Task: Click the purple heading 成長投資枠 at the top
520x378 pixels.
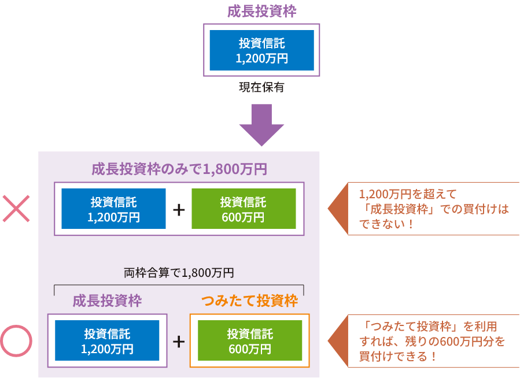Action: tap(261, 11)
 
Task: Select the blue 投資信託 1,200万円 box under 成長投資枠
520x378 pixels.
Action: tap(261, 50)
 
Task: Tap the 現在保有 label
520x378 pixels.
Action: tap(261, 88)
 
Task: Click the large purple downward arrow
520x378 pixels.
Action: tap(261, 124)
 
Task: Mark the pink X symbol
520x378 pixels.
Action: tap(16, 209)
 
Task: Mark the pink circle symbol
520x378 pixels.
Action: tap(16, 341)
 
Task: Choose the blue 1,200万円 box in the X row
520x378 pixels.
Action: tap(113, 209)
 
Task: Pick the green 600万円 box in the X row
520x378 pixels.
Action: tap(243, 209)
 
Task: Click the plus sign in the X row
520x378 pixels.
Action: tap(179, 209)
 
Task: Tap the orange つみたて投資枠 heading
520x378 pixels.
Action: tap(249, 301)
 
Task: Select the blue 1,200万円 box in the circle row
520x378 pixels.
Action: tap(107, 341)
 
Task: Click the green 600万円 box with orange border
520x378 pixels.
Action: tap(249, 341)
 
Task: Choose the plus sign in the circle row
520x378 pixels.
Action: tap(179, 342)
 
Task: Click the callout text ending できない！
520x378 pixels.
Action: tap(434, 209)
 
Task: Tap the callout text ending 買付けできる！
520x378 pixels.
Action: tap(434, 341)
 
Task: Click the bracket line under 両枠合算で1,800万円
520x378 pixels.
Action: tap(179, 286)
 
